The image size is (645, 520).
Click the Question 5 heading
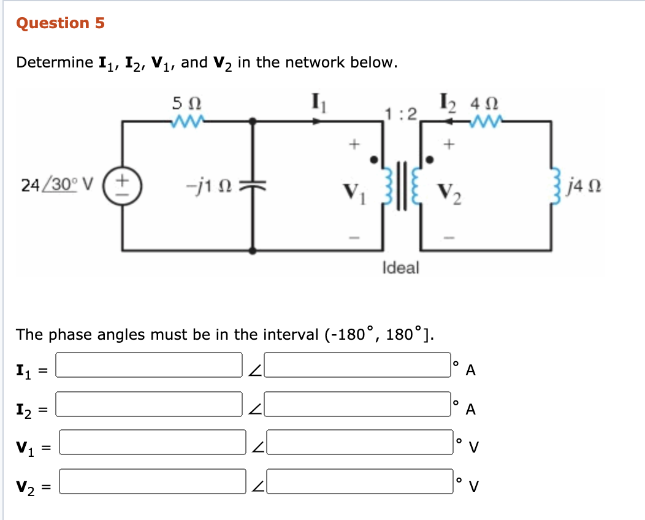click(60, 23)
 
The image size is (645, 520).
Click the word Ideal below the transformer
click(400, 268)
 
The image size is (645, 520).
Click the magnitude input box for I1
click(149, 365)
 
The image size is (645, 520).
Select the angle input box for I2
click(359, 403)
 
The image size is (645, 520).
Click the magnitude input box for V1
click(151, 443)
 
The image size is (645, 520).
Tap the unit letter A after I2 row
click(470, 409)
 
